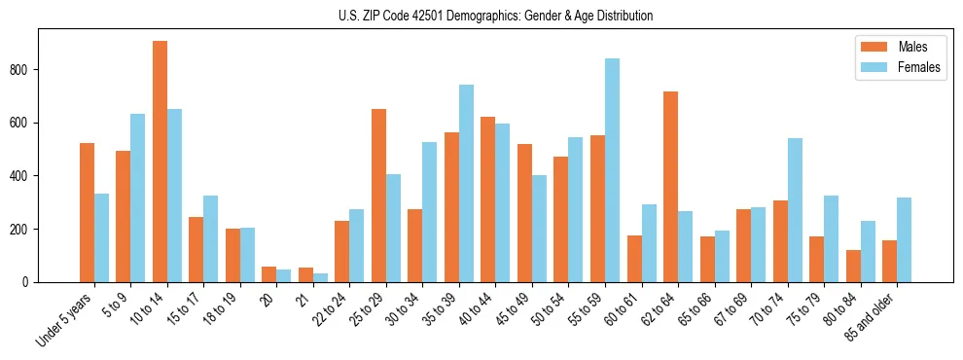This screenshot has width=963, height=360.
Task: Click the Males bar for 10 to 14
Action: click(160, 162)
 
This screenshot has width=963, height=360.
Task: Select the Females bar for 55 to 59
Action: click(612, 170)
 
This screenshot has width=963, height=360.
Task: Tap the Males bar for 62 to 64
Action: click(670, 187)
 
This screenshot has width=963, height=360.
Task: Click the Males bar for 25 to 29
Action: click(378, 196)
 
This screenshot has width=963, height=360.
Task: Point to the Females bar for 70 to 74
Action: click(795, 210)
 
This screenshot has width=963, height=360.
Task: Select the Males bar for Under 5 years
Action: click(87, 212)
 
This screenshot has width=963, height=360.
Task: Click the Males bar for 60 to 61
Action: click(634, 259)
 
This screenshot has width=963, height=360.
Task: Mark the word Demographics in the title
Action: click(481, 16)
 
